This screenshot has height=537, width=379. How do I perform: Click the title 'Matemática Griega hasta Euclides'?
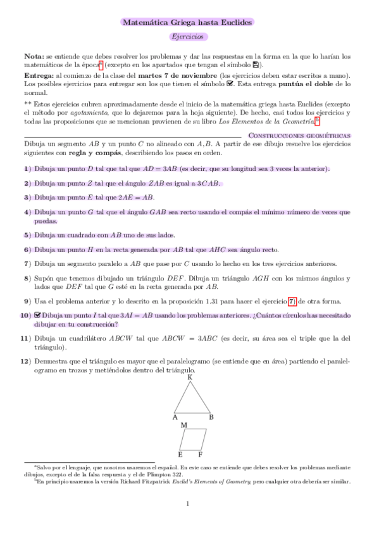[187, 22]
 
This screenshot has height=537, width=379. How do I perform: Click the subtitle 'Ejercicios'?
[187, 37]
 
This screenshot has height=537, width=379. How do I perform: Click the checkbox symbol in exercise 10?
[38, 315]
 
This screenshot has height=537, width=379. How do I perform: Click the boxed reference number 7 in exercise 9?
[291, 301]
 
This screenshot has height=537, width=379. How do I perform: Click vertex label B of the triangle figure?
[211, 417]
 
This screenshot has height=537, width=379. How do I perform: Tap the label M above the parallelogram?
[183, 426]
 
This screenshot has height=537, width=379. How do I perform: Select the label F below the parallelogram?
[201, 454]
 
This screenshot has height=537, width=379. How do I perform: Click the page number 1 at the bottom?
[188, 504]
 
